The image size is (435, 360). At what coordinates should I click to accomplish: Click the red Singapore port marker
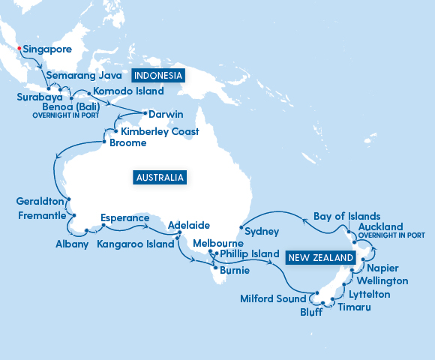tap(19, 49)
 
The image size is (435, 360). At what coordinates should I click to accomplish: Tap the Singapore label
tap(47, 49)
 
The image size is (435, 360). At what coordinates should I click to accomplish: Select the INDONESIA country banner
tap(158, 76)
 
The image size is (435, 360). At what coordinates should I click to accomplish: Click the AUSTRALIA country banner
tap(159, 178)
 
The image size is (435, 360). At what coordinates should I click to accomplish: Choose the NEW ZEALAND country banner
tap(319, 257)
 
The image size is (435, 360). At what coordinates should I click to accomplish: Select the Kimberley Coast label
tap(160, 131)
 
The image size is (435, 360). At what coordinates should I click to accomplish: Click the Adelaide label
tap(189, 225)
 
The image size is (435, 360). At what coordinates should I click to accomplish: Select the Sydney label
tap(262, 232)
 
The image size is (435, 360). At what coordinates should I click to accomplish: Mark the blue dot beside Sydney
tap(240, 226)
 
